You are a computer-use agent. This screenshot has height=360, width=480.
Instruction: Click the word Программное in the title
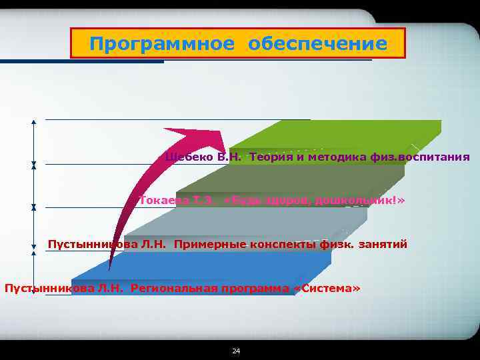click(x=162, y=44)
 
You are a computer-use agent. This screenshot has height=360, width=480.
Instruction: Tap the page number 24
click(x=235, y=351)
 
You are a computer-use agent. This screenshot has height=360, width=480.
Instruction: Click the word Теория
click(x=271, y=157)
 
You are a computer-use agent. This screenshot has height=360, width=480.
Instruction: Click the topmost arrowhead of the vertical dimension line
click(x=33, y=122)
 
